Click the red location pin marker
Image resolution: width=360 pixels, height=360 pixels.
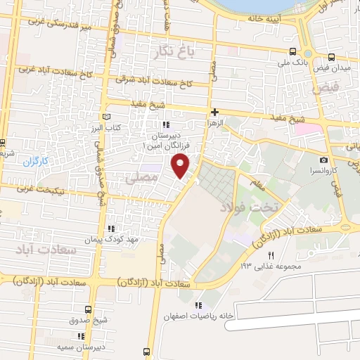(181, 166)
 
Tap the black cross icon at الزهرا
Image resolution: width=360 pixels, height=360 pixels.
(214, 112)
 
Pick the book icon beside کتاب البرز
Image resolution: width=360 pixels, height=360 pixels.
(107, 115)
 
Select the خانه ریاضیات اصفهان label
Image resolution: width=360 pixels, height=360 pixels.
(217, 316)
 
